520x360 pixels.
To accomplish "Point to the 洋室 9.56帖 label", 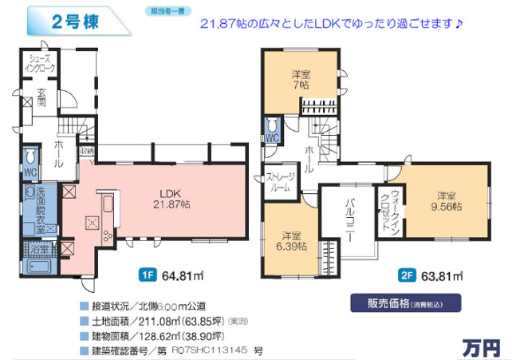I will [x=447, y=200].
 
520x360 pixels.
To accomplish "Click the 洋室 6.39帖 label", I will [x=292, y=241].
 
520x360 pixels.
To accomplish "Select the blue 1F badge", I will [x=147, y=277].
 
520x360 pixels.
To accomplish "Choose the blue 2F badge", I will [x=405, y=277].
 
